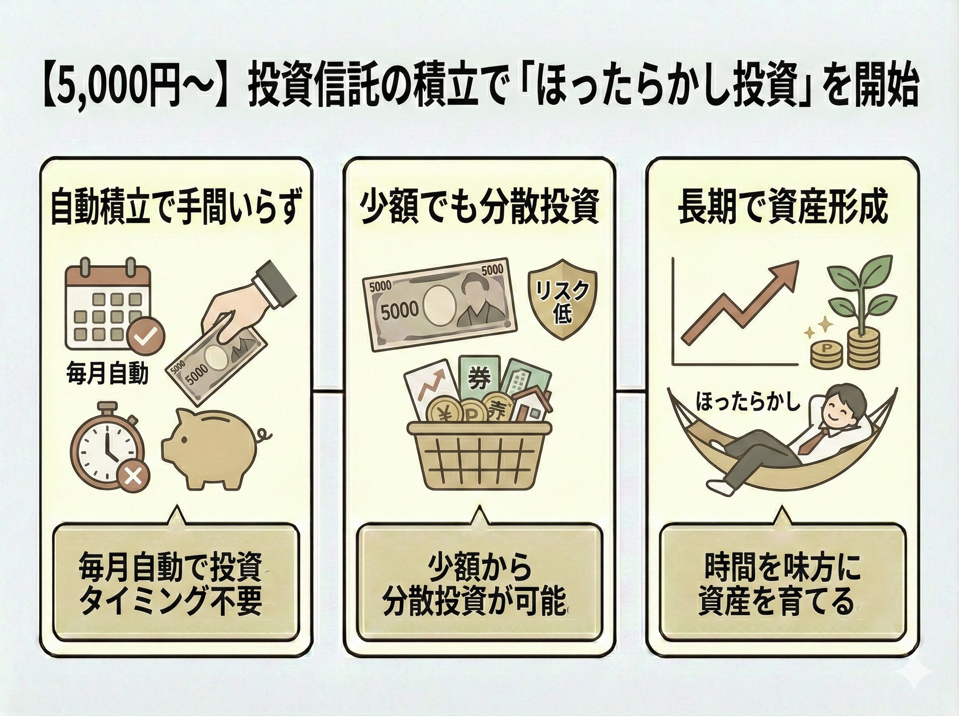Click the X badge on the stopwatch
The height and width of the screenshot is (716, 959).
(133, 477)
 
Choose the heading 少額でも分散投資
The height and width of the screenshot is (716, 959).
(479, 209)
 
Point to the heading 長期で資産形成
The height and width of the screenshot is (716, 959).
(783, 209)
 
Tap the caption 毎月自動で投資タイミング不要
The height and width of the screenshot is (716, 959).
(171, 587)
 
